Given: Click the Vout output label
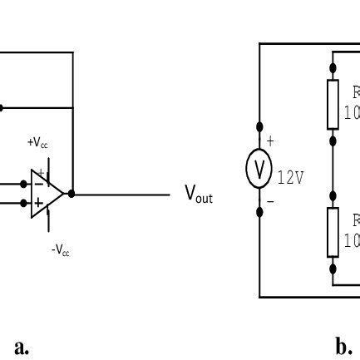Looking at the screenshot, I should pyautogui.click(x=198, y=195).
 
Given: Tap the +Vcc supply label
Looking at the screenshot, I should pyautogui.click(x=37, y=144).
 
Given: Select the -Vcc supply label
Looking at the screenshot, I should pyautogui.click(x=60, y=249).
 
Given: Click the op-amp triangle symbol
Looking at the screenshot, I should pyautogui.click(x=46, y=194).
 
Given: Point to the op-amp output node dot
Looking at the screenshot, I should pyautogui.click(x=72, y=194).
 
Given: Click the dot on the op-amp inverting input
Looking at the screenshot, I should pyautogui.click(x=23, y=185).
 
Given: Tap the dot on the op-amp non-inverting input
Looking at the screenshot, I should pyautogui.click(x=23, y=203).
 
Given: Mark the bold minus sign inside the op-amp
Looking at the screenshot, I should pyautogui.click(x=38, y=185).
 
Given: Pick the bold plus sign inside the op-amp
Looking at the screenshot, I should pyautogui.click(x=38, y=203).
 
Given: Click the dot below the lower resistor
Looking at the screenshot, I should pyautogui.click(x=333, y=268).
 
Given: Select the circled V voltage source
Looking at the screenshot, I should pyautogui.click(x=259, y=170).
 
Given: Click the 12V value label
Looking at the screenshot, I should pyautogui.click(x=290, y=178).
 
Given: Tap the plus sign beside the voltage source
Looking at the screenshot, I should pyautogui.click(x=270, y=141).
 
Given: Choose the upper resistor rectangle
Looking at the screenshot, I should pyautogui.click(x=333, y=103).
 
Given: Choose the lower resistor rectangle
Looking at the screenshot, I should pyautogui.click(x=333, y=232).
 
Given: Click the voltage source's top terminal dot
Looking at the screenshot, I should pyautogui.click(x=259, y=126).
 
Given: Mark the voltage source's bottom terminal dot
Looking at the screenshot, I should pyautogui.click(x=259, y=212).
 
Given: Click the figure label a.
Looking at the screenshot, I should pyautogui.click(x=22, y=346).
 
